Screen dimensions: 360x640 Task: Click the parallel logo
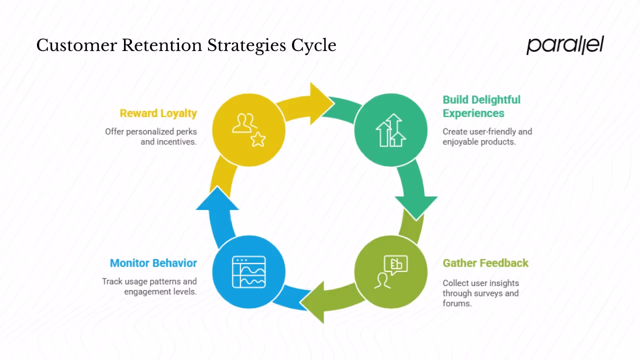[x=565, y=45]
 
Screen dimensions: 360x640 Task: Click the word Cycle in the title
[x=314, y=45]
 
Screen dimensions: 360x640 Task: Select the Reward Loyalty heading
[x=158, y=113]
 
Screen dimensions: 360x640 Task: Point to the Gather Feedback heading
[x=485, y=263]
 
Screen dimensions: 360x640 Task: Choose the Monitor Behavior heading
[x=153, y=263]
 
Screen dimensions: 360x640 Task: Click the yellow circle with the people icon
[x=248, y=130]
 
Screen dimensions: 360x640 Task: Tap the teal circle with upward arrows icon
[x=390, y=130]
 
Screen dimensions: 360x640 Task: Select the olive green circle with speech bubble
[x=390, y=272]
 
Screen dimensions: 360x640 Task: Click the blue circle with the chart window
[x=248, y=272]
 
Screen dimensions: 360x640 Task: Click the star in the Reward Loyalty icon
[x=258, y=140]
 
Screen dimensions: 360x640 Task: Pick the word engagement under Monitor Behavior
[x=147, y=291]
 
